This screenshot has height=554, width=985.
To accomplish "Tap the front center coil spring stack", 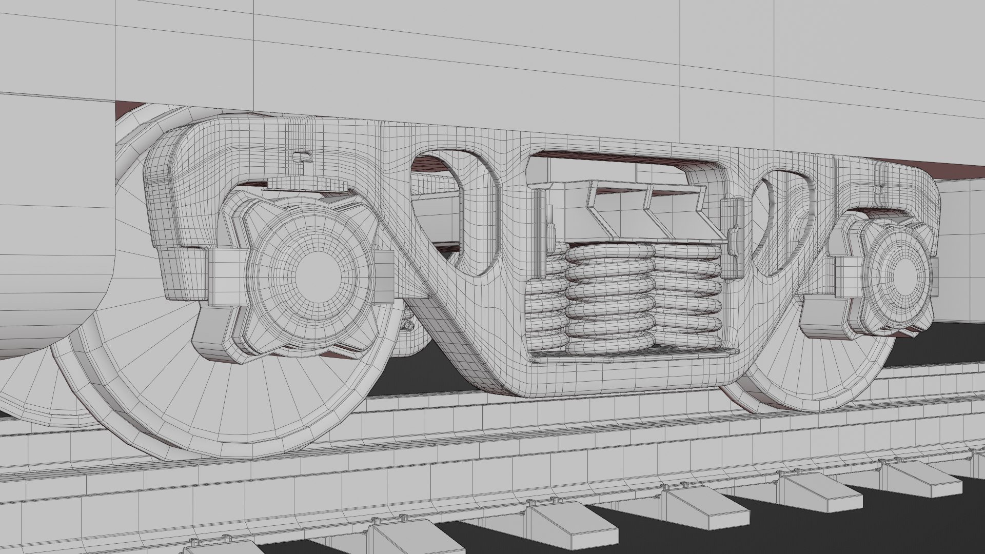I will click(609, 300).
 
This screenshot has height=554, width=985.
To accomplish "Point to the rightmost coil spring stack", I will click(687, 298).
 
